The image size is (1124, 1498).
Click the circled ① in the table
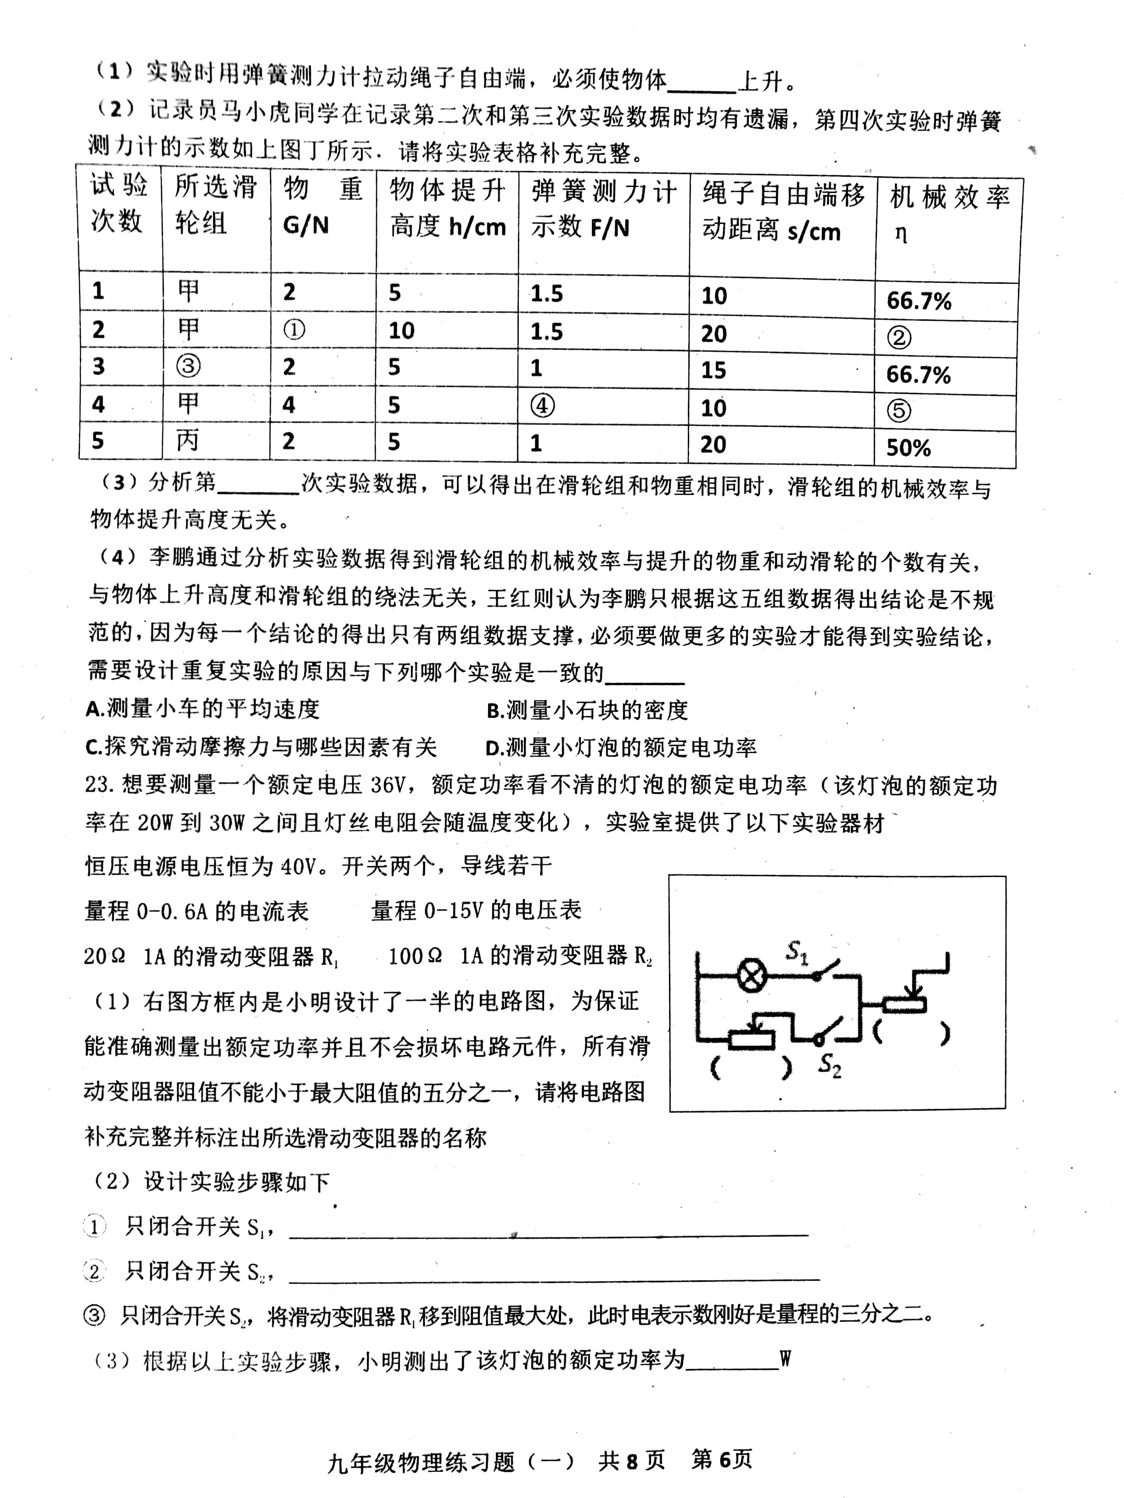coord(294,330)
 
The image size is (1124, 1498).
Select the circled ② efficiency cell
coord(899,337)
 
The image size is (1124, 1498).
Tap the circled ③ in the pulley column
coord(188,366)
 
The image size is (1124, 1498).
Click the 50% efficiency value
coord(908,447)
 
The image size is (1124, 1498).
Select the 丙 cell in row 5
coord(188,441)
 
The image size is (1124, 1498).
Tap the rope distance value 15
coord(714,370)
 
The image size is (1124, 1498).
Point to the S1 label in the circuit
coord(797,953)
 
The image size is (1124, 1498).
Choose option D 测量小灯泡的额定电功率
coord(621,748)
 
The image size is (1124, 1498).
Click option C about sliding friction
coord(262,747)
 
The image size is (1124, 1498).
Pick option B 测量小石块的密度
coord(587,710)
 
